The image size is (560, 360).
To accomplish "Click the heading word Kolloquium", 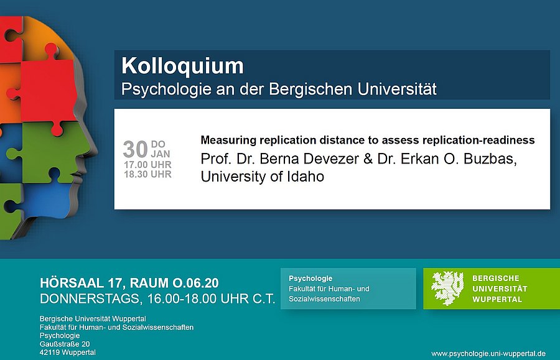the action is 182,66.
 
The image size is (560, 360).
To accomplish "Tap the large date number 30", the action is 136,149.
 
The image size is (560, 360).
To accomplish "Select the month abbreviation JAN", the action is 161,154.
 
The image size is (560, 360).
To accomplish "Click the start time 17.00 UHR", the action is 147,165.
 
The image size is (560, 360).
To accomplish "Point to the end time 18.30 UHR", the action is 147,174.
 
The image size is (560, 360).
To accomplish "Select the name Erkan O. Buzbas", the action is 459,159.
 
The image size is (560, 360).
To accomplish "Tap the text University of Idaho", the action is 263,177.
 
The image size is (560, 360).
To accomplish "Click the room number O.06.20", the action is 196,283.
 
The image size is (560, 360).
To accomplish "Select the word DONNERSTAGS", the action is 89,298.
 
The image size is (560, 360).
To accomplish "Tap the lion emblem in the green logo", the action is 447,288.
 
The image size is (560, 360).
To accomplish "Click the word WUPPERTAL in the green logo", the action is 497,299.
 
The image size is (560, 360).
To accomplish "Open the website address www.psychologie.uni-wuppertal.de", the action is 488,354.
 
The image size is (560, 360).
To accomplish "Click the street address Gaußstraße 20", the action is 65,344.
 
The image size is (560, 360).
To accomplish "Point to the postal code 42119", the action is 49,353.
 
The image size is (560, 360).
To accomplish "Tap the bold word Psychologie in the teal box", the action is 310,279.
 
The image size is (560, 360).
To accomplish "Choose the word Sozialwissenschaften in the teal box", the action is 324,298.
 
